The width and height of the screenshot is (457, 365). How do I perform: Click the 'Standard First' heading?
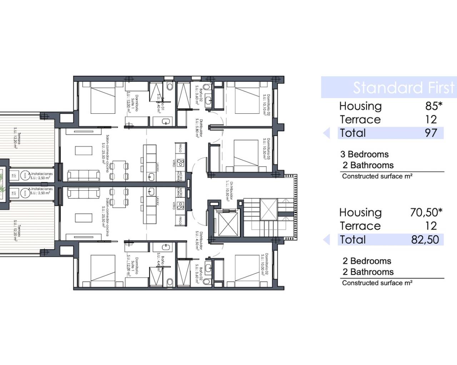403,88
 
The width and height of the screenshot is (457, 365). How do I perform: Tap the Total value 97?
431,133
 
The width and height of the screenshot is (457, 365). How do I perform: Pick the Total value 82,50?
425,240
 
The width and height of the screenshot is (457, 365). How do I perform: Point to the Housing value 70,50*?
426,212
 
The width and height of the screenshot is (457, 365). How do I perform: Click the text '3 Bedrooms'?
364,154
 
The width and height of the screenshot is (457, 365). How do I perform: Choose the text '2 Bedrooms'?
367,261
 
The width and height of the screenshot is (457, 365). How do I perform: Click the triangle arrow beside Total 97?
326,133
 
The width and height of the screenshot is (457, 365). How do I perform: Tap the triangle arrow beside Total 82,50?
326,240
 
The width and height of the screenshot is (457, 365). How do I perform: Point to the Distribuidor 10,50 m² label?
229,191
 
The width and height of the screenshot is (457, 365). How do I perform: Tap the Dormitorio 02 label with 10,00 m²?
264,264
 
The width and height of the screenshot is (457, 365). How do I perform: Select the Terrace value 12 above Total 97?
431,119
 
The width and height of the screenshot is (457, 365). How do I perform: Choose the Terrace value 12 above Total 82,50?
431,226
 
